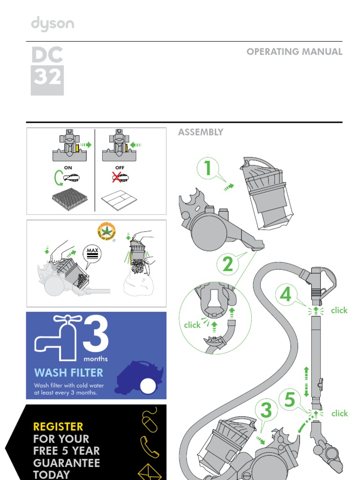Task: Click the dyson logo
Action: coord(52,24)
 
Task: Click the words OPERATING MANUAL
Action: coord(294,52)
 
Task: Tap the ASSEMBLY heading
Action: coord(201,132)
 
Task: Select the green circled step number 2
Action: coord(228,265)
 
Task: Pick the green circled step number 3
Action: coord(266,411)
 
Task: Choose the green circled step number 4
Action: coord(286,295)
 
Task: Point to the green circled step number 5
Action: coord(290,400)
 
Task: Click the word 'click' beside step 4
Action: coord(339,310)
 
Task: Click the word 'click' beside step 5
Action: coord(339,413)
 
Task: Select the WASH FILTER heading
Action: coord(68,373)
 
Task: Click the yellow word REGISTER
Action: coord(58,427)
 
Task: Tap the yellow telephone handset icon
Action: coord(150,446)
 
